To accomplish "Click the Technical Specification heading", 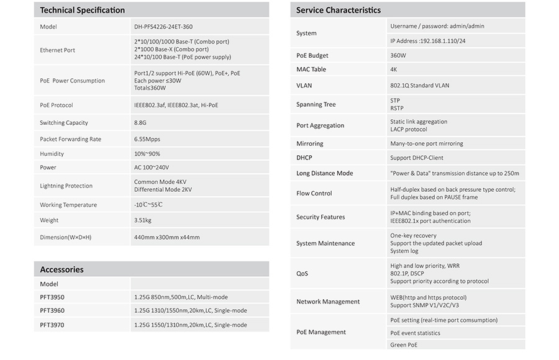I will pyautogui.click(x=82, y=10).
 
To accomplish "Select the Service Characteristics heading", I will pyautogui.click(x=338, y=10).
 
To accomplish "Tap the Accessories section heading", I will pyautogui.click(x=61, y=269).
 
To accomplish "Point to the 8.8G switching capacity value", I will pyautogui.click(x=140, y=123).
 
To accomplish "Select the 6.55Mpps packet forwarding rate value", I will pyautogui.click(x=147, y=139).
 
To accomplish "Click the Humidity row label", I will pyautogui.click(x=52, y=153).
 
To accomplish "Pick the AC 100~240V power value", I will pyautogui.click(x=152, y=168).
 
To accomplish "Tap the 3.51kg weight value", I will pyautogui.click(x=143, y=220).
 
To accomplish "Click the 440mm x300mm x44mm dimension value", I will pyautogui.click(x=166, y=237).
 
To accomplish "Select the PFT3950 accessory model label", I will pyautogui.click(x=52, y=297).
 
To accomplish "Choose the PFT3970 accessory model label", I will pyautogui.click(x=52, y=325).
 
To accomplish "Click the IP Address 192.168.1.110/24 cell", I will pyautogui.click(x=428, y=41).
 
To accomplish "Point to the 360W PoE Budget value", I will pyautogui.click(x=398, y=55).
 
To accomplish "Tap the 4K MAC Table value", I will pyautogui.click(x=394, y=70).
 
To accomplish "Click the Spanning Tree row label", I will pyautogui.click(x=316, y=104).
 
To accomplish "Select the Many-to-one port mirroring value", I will pyautogui.click(x=426, y=143).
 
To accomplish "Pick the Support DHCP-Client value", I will pyautogui.click(x=417, y=158).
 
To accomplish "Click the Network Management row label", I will pyautogui.click(x=328, y=302).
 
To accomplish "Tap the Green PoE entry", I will pyautogui.click(x=404, y=345).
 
